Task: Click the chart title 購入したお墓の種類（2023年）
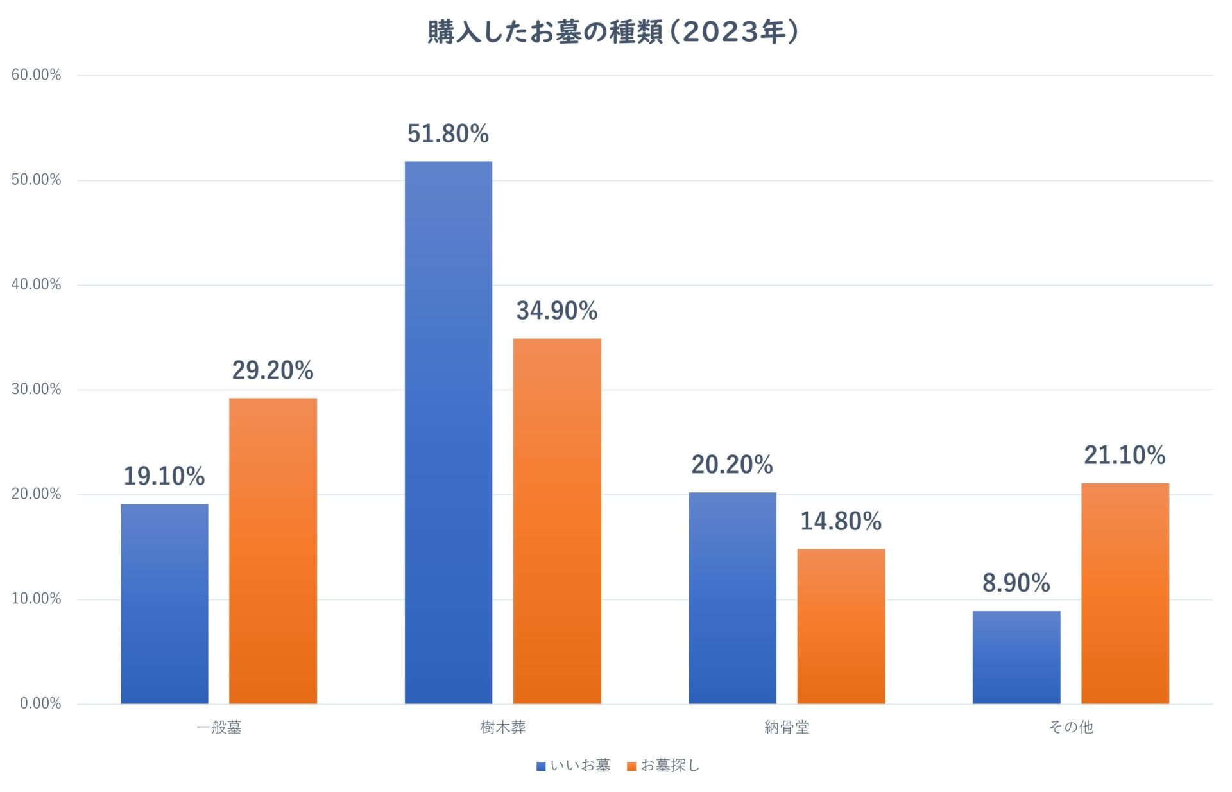[613, 32]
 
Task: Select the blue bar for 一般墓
[164, 603]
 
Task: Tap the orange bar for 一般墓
[273, 551]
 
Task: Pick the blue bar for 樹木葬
[449, 432]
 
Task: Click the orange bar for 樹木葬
[557, 521]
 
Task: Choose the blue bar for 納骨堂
[732, 598]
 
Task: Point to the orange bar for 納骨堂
[841, 626]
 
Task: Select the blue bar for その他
[1016, 657]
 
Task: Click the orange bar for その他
[1125, 593]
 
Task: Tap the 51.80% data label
[448, 133]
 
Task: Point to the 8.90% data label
[1016, 583]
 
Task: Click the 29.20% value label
[273, 370]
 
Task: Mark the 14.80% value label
[841, 521]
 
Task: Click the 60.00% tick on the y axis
[36, 75]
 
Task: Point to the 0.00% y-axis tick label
[40, 703]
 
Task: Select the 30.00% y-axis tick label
[36, 389]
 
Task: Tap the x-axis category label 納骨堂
[787, 727]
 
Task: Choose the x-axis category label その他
[1070, 727]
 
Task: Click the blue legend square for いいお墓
[541, 766]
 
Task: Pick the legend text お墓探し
[670, 765]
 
